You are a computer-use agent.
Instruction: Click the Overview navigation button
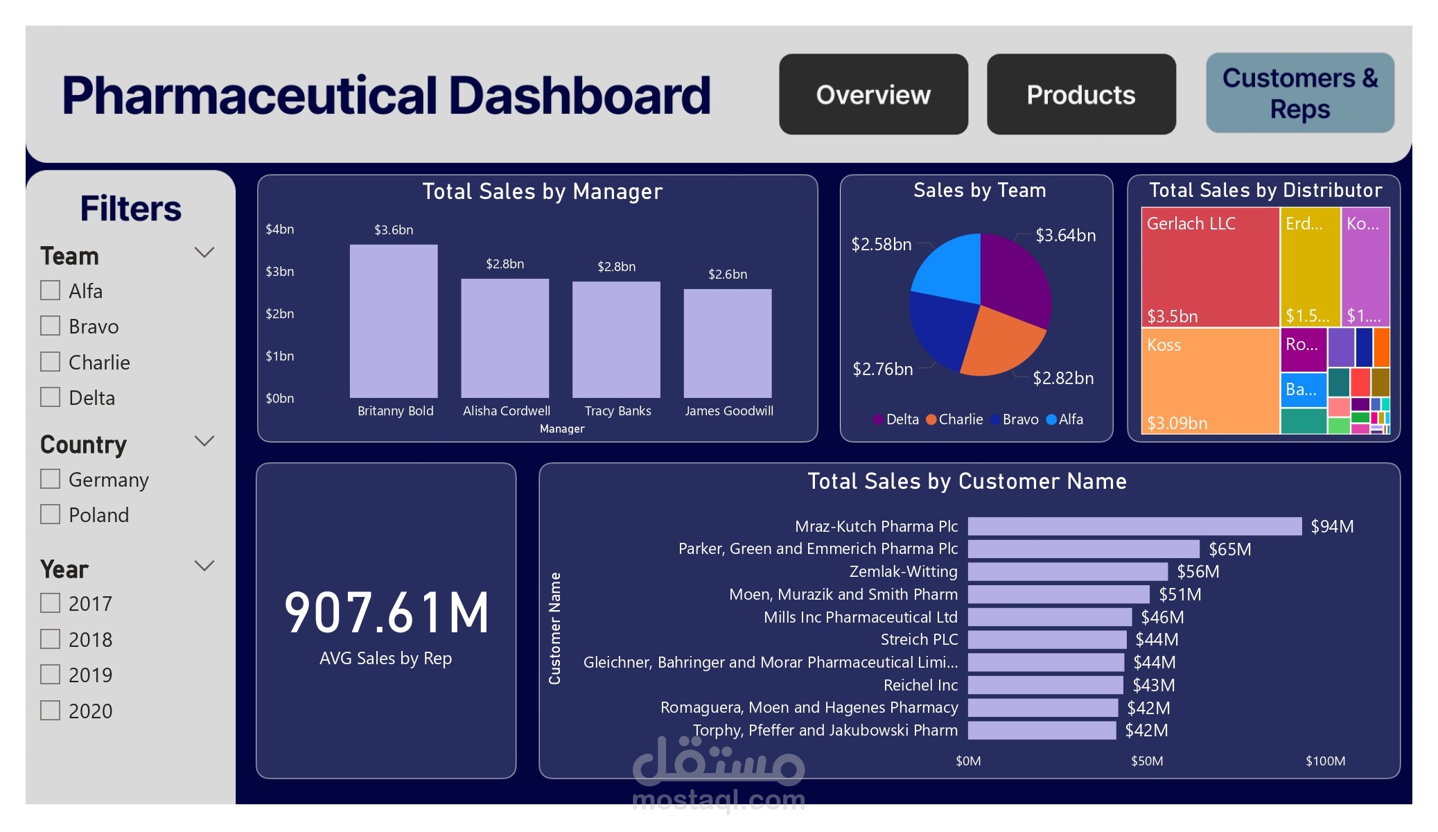pos(873,94)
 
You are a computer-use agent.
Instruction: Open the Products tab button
pos(1080,94)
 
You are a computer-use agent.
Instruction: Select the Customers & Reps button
pos(1299,93)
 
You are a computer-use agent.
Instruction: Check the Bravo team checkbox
pos(50,326)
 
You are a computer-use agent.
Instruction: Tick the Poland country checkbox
pos(50,514)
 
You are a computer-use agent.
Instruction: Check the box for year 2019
pos(50,675)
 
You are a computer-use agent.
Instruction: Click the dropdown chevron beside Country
pos(204,441)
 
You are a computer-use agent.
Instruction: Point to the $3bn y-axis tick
pos(280,272)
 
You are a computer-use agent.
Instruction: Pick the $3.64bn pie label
pos(1065,236)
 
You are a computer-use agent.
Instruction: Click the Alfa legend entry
pos(1066,419)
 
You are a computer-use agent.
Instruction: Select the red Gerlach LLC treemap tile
pos(1209,267)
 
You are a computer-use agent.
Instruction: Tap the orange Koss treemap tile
pos(1209,381)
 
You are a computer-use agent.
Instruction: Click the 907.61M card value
pos(387,613)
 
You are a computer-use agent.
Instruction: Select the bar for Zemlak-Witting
pos(1067,572)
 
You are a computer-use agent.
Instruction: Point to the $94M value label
pos(1331,527)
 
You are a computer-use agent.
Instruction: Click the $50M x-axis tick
pos(1147,761)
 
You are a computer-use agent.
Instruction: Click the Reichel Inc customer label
pos(920,686)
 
